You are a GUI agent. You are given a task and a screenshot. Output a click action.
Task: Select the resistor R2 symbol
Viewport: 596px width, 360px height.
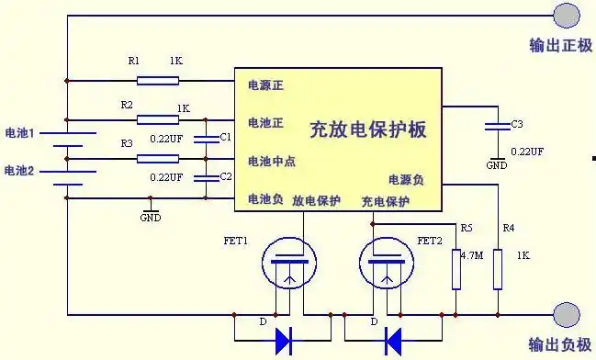click(158, 118)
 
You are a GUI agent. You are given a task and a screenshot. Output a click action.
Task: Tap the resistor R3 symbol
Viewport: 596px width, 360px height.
click(158, 158)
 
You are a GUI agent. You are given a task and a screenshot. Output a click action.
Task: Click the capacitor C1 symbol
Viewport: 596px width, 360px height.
click(207, 139)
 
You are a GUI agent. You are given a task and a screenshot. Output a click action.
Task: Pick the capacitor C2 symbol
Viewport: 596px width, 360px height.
click(207, 177)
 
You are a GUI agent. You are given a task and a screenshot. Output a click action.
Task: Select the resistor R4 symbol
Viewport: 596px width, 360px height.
click(497, 268)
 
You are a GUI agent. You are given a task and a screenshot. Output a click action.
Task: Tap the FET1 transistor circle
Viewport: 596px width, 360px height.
click(287, 264)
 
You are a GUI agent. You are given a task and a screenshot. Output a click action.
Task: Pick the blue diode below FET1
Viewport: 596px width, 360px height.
click(285, 341)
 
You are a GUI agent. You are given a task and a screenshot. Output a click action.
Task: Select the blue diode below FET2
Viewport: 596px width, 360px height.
click(393, 341)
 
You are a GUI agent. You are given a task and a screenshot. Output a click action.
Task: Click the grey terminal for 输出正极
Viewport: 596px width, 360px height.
click(567, 15)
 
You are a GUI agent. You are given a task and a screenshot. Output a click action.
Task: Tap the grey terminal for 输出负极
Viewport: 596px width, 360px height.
click(567, 315)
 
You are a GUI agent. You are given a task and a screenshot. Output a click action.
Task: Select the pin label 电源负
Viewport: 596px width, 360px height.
click(405, 180)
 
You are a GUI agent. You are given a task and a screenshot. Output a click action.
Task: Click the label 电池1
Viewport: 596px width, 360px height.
click(19, 133)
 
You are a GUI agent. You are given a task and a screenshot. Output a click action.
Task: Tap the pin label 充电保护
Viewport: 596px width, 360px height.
click(385, 200)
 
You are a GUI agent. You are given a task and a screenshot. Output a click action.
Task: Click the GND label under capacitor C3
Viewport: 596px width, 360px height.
click(497, 166)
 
